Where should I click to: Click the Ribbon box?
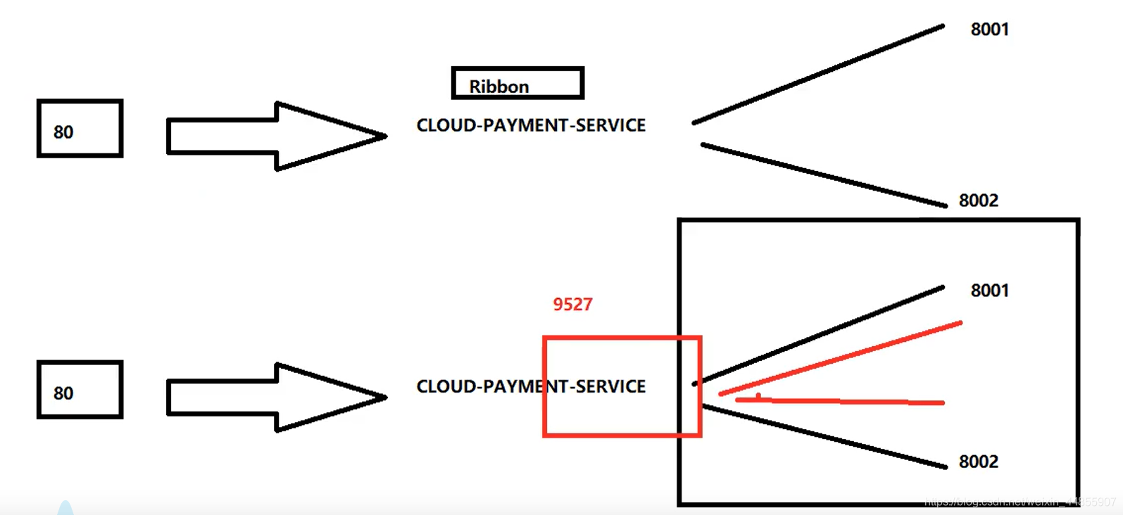(517, 83)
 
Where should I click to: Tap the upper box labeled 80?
(80, 128)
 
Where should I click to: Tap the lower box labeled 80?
(80, 390)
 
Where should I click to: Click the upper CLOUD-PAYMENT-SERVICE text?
(531, 125)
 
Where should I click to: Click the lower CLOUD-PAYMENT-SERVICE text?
(531, 386)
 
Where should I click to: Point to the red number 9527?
(572, 304)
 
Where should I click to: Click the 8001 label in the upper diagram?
(989, 30)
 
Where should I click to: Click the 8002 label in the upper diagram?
(978, 201)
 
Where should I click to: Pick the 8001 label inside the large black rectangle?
(989, 291)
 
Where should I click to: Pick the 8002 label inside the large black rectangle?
(978, 462)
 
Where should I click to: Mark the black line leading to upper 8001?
(818, 75)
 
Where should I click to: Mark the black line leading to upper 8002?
(824, 175)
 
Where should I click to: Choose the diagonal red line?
(841, 358)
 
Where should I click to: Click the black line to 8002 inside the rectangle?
(824, 436)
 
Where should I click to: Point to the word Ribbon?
(498, 87)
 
